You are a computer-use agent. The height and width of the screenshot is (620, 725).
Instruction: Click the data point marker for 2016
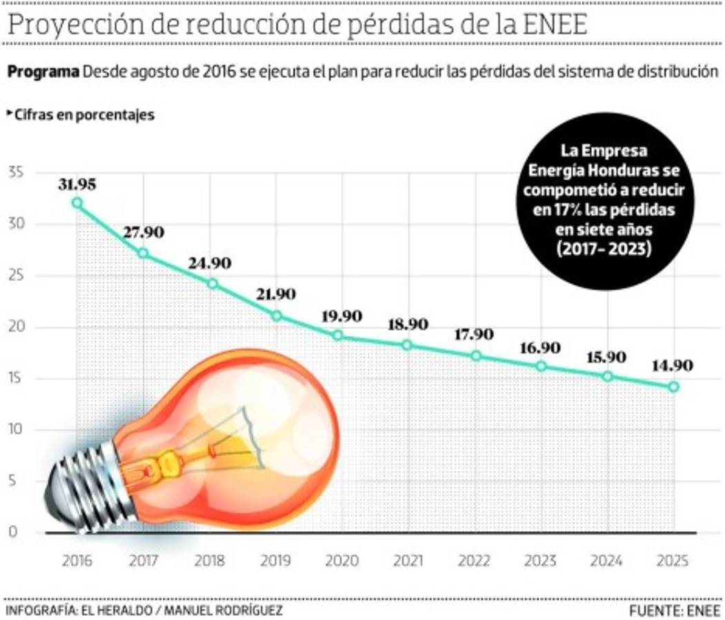pos(77,203)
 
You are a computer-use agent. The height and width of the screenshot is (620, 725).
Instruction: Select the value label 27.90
pos(143,232)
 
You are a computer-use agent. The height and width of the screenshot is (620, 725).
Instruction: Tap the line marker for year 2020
pos(338,335)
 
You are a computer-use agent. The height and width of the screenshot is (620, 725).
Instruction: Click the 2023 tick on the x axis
pos(540,561)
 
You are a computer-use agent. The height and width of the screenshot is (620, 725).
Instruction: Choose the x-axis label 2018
pos(210,561)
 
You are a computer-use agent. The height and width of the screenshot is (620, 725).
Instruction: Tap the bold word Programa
pos(43,72)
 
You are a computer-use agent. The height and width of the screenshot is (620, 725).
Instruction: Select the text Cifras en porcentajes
pos(84,115)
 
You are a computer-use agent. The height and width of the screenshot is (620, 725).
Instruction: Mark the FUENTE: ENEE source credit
pos(674,610)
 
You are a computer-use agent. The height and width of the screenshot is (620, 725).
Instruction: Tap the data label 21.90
pos(275,294)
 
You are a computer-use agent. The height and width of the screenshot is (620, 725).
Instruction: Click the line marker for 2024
pos(607,376)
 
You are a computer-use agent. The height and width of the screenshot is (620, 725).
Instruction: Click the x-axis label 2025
pos(673,561)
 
